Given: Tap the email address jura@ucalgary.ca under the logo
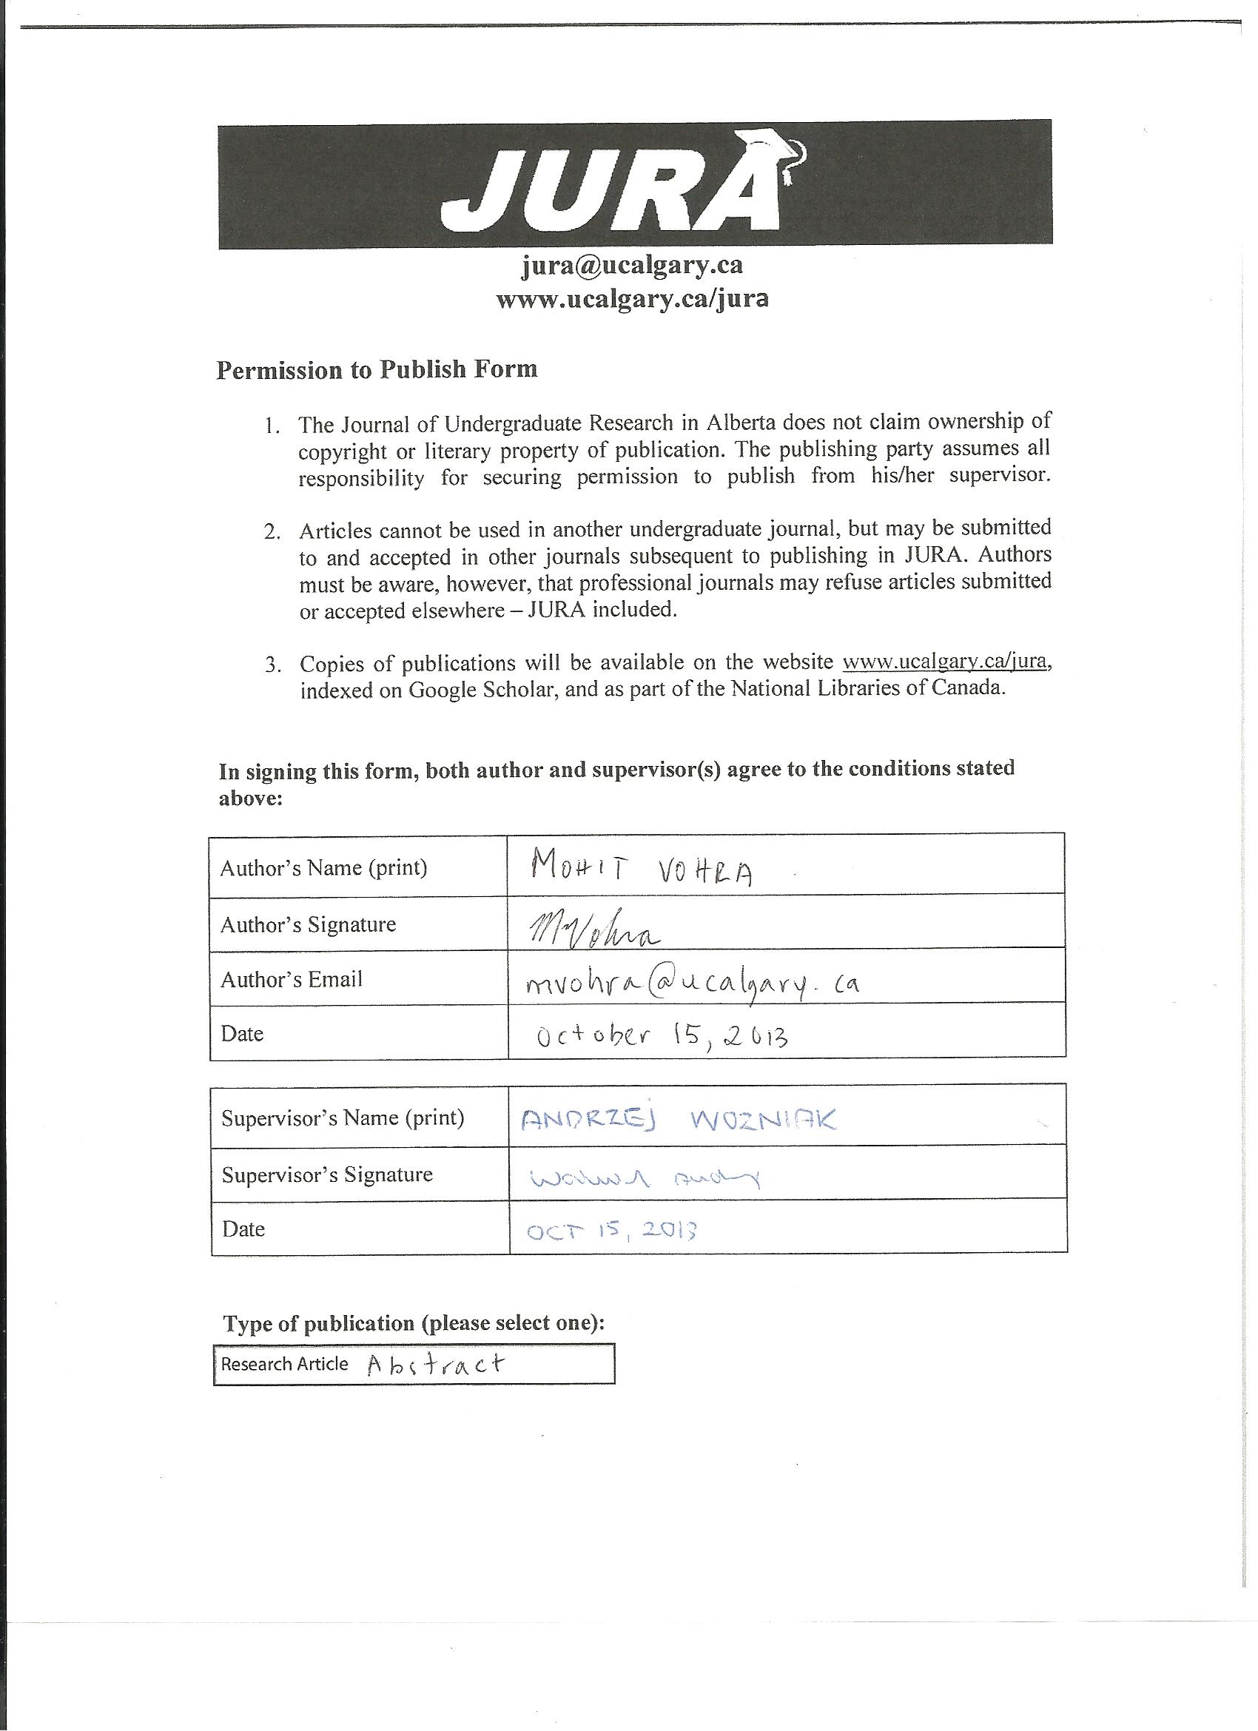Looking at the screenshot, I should [x=632, y=265].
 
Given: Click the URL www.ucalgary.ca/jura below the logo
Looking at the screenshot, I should [x=632, y=298].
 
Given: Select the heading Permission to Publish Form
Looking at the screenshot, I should [x=377, y=369].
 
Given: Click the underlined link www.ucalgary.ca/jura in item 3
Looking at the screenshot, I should [x=944, y=660].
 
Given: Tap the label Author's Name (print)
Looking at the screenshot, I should [x=323, y=868].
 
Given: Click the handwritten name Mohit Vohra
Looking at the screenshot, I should [x=642, y=869].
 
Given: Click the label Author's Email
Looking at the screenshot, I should [x=292, y=979].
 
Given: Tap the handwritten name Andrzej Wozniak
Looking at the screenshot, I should [x=678, y=1120].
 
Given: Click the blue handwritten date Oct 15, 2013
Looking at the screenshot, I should [x=612, y=1230].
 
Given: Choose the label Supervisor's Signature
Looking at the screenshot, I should [x=328, y=1174].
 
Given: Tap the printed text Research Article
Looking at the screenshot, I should [x=285, y=1364].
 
